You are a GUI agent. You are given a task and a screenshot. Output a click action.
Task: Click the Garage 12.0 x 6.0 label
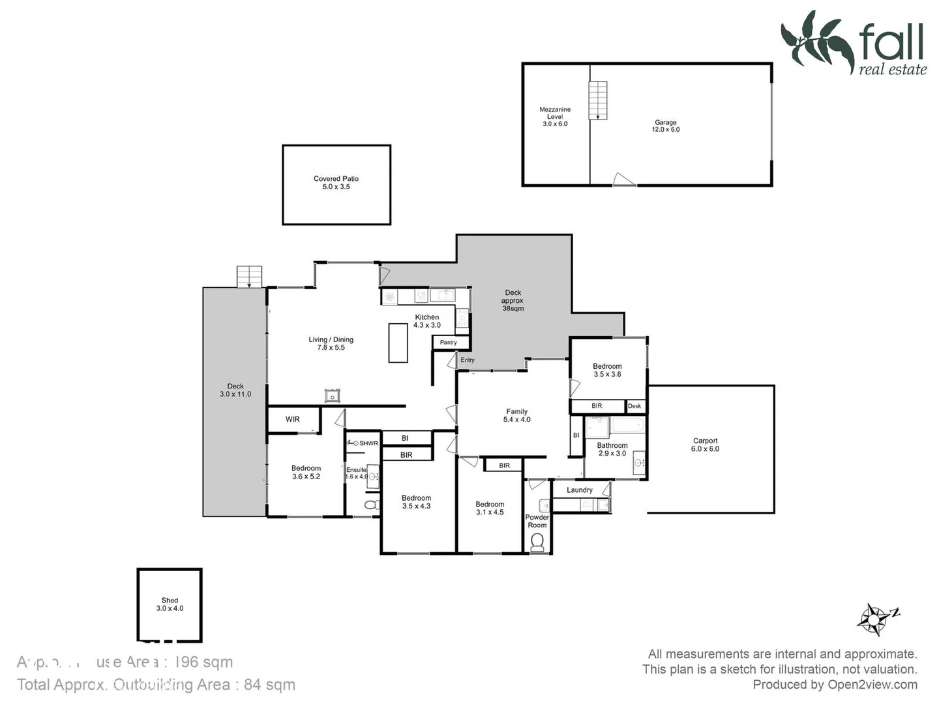pyautogui.click(x=665, y=126)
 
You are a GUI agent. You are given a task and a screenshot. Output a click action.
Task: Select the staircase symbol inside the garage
pyautogui.click(x=598, y=100)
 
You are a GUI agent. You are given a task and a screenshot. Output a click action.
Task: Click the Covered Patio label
pyautogui.click(x=336, y=183)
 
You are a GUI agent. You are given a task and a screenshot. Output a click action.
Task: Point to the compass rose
pyautogui.click(x=874, y=618)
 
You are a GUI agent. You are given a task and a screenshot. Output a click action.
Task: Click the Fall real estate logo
pyautogui.click(x=854, y=42)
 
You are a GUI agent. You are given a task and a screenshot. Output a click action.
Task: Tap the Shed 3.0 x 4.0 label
pyautogui.click(x=170, y=604)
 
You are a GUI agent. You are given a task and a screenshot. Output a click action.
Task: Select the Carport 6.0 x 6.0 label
pyautogui.click(x=705, y=445)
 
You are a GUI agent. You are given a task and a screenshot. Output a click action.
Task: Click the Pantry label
pyautogui.click(x=449, y=343)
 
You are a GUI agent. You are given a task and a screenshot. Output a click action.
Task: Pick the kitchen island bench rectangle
pyautogui.click(x=398, y=343)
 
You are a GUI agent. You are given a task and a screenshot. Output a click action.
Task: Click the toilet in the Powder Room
pyautogui.click(x=537, y=542)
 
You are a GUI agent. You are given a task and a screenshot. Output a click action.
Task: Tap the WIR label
pyautogui.click(x=293, y=419)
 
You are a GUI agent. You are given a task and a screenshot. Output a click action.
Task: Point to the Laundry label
pyautogui.click(x=580, y=490)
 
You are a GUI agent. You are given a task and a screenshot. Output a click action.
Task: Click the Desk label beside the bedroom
pyautogui.click(x=634, y=406)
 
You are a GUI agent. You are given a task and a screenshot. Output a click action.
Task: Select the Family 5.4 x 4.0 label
pyautogui.click(x=516, y=416)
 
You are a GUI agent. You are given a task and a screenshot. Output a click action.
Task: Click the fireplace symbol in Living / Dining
pyautogui.click(x=333, y=395)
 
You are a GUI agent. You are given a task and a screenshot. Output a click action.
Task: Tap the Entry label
pyautogui.click(x=468, y=360)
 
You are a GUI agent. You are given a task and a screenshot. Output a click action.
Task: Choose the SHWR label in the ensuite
pyautogui.click(x=368, y=443)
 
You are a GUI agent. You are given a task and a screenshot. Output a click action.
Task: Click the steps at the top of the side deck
pyautogui.click(x=249, y=276)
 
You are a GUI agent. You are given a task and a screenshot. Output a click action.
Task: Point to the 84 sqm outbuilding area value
pyautogui.click(x=269, y=685)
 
